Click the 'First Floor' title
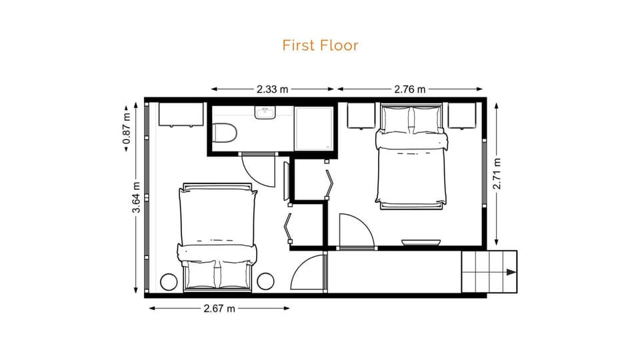pyautogui.click(x=320, y=45)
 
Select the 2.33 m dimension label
pyautogui.click(x=273, y=88)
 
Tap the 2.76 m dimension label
pyautogui.click(x=410, y=88)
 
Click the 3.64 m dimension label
pyautogui.click(x=136, y=198)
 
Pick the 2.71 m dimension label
pyautogui.click(x=497, y=173)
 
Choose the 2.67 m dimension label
pyautogui.click(x=219, y=308)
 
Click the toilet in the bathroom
pyautogui.click(x=223, y=131)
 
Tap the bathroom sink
pyautogui.click(x=265, y=113)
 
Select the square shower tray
pyautogui.click(x=314, y=127)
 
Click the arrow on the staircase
pyautogui.click(x=510, y=272)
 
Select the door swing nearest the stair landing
pyautogui.click(x=309, y=273)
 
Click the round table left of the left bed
pyautogui.click(x=169, y=282)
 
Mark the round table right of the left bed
pyautogui.click(x=266, y=282)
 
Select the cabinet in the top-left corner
pyautogui.click(x=181, y=114)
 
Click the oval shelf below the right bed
pyautogui.click(x=421, y=241)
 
